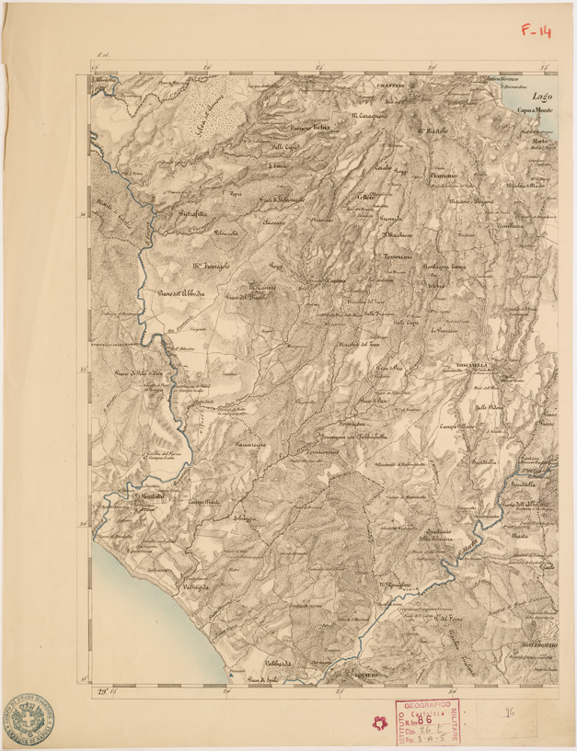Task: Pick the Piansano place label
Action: coord(441,174)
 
